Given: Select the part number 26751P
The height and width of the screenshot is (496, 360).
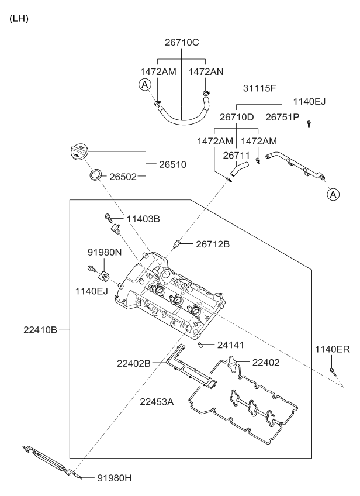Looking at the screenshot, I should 283,117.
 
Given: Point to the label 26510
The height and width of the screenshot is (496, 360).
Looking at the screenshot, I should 172,165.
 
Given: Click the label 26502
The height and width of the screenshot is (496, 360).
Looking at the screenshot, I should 123,175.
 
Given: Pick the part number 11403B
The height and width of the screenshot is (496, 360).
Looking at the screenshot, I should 143,219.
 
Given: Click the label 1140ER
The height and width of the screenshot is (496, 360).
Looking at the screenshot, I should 331,349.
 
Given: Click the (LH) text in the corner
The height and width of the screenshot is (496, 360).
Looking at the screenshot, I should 19,19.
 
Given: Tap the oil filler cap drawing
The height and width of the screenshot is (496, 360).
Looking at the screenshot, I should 78,153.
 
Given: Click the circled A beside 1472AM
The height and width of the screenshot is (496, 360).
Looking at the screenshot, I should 144,85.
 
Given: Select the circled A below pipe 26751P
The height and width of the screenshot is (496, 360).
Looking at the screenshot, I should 333,194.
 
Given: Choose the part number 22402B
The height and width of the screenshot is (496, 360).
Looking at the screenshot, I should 133,363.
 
